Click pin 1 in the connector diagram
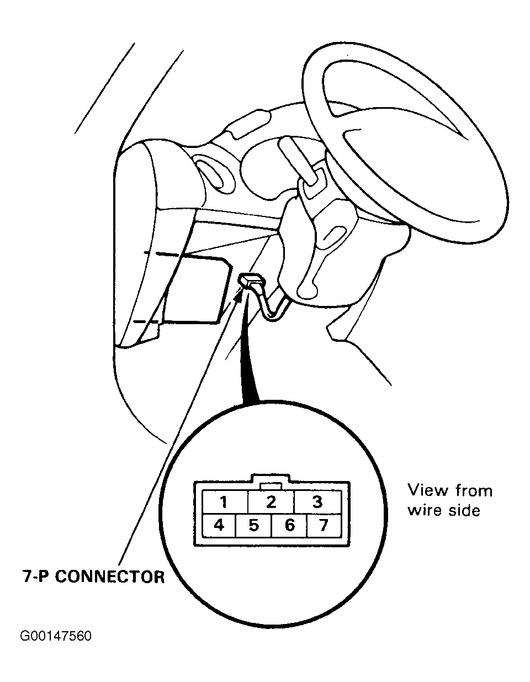(x=225, y=501)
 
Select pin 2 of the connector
(x=271, y=501)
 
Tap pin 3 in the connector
(x=317, y=501)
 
